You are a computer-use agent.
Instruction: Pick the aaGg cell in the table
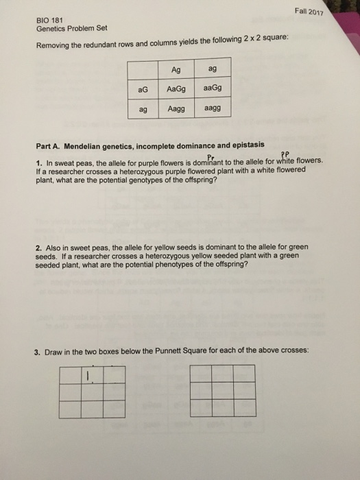[x=213, y=89]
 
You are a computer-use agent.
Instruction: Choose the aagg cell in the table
[x=213, y=109]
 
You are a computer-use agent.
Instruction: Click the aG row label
[x=143, y=89]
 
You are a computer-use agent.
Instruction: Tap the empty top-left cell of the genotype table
[x=143, y=69]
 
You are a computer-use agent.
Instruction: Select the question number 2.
[x=38, y=248]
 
